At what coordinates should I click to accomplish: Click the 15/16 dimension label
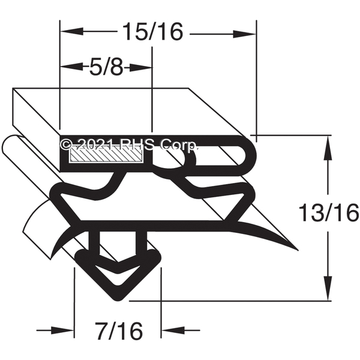(152, 32)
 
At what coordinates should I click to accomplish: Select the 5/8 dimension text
(106, 68)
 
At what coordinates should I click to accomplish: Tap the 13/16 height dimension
(329, 213)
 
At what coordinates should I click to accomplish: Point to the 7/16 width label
(119, 331)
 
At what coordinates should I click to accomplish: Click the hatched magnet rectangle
(107, 155)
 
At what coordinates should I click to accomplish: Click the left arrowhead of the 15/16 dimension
(71, 31)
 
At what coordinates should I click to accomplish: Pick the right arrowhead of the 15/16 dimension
(245, 34)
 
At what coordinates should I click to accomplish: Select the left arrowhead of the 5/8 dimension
(71, 67)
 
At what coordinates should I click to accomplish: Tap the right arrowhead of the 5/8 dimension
(140, 68)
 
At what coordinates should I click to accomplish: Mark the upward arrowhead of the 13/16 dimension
(327, 148)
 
